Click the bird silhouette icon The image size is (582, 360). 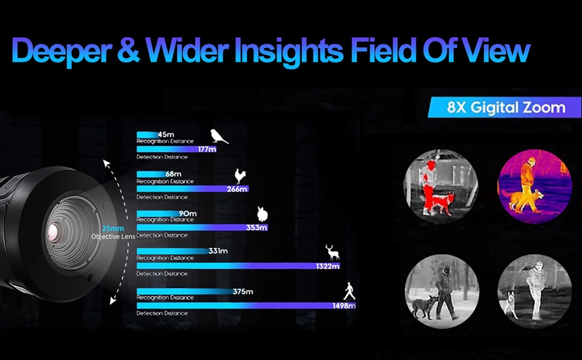coord(219,137)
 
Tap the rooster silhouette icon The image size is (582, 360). coord(240,176)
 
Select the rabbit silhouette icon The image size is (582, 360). coord(262,214)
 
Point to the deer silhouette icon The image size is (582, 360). coord(332,253)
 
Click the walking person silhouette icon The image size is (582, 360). coord(349,292)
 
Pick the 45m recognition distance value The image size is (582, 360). coord(166,135)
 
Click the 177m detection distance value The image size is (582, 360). coord(207,149)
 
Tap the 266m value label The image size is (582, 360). coord(237,189)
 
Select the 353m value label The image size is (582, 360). coord(256,227)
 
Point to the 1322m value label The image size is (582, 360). coord(328,266)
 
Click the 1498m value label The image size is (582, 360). coord(344,306)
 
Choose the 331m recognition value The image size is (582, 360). coord(218,251)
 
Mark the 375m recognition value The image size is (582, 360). coord(243,292)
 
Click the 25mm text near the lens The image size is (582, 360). coord(113,229)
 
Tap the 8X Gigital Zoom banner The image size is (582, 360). coord(505,107)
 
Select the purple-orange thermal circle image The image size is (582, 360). coord(534,187)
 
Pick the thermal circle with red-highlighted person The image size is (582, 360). coord(440,187)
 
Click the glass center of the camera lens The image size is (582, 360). coord(53,233)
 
